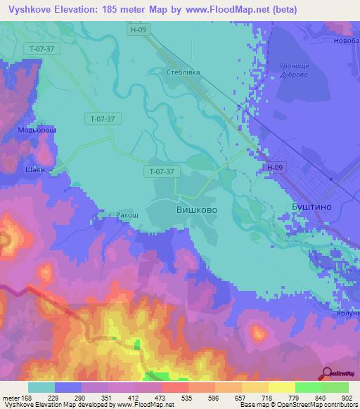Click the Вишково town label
[195, 210]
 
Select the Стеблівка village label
[185, 72]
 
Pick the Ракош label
[127, 214]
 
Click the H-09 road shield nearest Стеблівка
[139, 30]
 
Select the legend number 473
[161, 398]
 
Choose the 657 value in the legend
[241, 398]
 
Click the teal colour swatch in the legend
[41, 387]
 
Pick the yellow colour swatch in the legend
[281, 387]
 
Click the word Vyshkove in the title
[35, 10]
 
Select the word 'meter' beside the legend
[11, 398]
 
